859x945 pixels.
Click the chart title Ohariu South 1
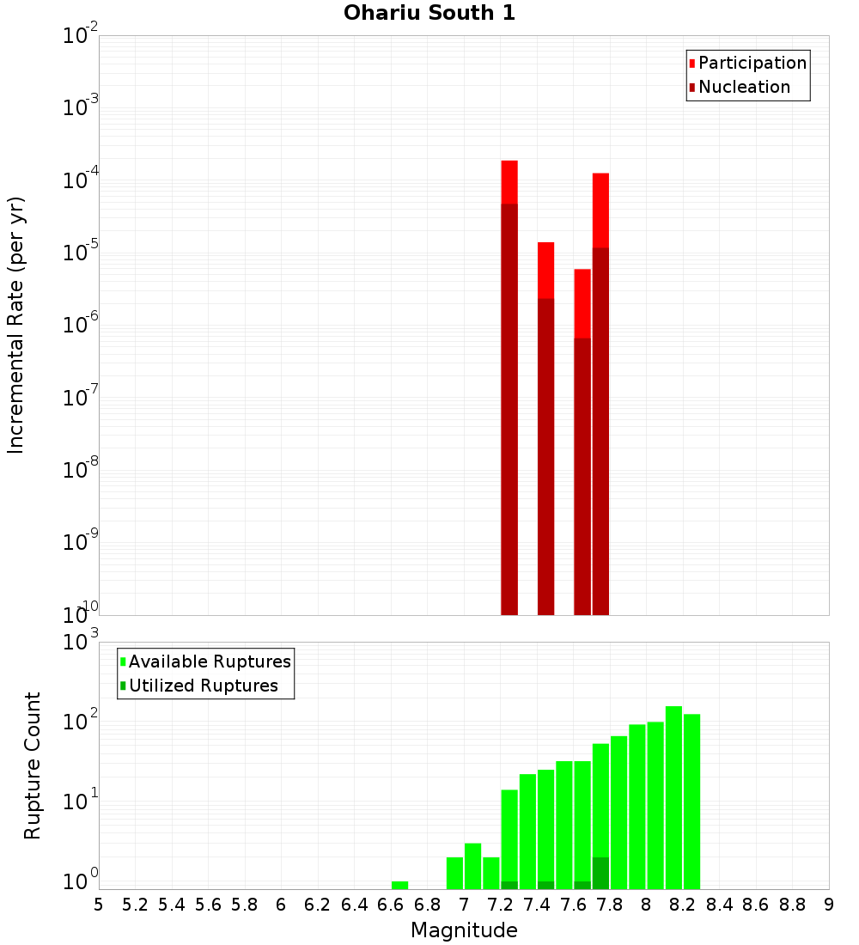[x=429, y=14]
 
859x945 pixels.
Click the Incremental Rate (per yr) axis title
[x=16, y=326]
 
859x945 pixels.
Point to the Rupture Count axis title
[x=33, y=765]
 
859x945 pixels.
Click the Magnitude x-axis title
[x=464, y=930]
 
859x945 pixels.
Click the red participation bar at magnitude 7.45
[x=545, y=270]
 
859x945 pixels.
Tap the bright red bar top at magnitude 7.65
[x=582, y=302]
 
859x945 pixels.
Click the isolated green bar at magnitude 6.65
[x=399, y=885]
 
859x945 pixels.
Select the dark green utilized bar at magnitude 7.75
[x=600, y=873]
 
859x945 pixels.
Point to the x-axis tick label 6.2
[x=318, y=905]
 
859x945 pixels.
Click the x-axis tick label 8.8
[x=792, y=905]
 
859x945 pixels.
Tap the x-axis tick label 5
[x=98, y=905]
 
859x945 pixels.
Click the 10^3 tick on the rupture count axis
[x=82, y=643]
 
